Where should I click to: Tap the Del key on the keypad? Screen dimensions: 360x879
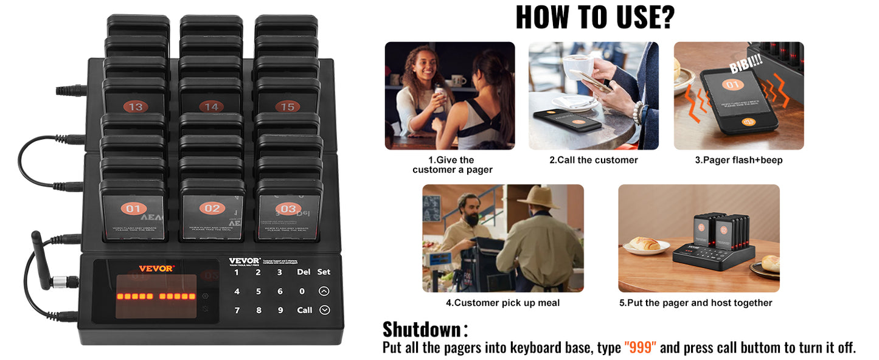point(304,272)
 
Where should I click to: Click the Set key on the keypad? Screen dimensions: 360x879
point(324,272)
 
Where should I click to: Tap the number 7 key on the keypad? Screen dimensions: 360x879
point(237,310)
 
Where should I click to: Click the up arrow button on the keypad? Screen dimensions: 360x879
point(324,291)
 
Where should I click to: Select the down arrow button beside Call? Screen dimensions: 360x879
point(324,310)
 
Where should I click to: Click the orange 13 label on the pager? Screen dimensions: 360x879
point(135,107)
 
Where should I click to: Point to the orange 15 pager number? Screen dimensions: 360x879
point(287,107)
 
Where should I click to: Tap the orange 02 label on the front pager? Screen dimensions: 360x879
point(212,209)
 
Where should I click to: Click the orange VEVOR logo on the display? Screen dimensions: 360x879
point(156,268)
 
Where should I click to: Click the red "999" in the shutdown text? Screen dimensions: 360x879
point(640,348)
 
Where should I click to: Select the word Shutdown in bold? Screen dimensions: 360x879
point(422,330)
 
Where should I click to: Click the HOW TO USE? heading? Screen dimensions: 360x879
point(594,18)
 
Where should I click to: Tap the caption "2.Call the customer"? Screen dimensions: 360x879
point(593,160)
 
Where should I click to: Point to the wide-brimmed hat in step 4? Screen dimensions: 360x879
point(538,198)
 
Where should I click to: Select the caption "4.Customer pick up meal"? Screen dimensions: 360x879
point(502,303)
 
